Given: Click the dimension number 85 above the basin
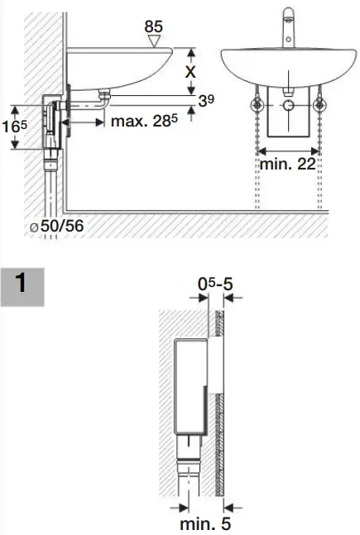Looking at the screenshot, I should (153, 26).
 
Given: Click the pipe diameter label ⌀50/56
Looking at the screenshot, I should (56, 225).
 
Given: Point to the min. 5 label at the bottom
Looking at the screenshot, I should (203, 523).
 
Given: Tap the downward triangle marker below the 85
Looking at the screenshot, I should (152, 41).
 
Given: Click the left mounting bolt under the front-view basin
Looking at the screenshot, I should (256, 107).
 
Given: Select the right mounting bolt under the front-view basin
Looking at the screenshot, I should (319, 107).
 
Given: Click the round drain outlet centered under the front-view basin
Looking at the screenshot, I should (287, 107).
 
